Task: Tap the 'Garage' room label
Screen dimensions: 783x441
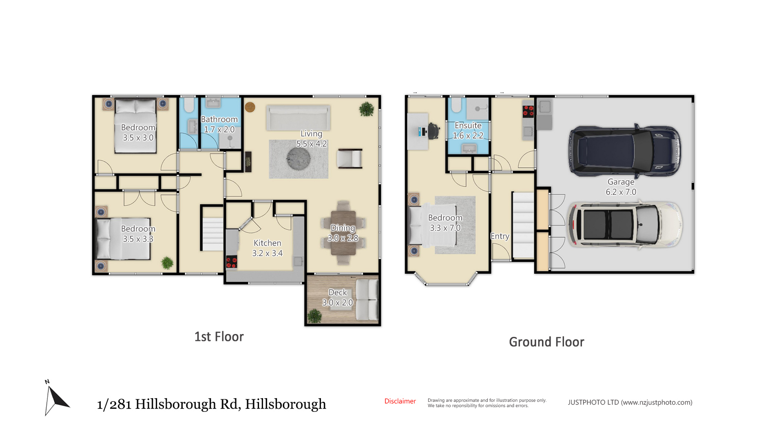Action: (x=621, y=182)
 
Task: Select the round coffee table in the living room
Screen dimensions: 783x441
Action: (x=299, y=158)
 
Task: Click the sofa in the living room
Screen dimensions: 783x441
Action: (x=298, y=118)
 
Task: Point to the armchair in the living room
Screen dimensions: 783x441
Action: (x=349, y=158)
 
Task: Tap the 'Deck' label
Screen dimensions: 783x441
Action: (x=338, y=292)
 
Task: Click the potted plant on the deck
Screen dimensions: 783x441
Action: (x=314, y=316)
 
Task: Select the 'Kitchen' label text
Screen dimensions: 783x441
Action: (x=267, y=243)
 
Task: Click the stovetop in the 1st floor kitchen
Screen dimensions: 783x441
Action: (x=232, y=261)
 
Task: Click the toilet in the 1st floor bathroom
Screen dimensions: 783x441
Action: (x=189, y=105)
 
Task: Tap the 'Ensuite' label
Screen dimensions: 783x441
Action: (x=468, y=125)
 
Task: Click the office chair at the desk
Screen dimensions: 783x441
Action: (x=433, y=130)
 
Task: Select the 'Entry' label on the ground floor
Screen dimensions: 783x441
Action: (x=500, y=236)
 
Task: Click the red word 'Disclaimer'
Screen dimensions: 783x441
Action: (x=400, y=401)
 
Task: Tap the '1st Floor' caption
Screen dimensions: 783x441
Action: (x=219, y=336)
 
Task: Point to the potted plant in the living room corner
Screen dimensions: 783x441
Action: (x=366, y=109)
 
